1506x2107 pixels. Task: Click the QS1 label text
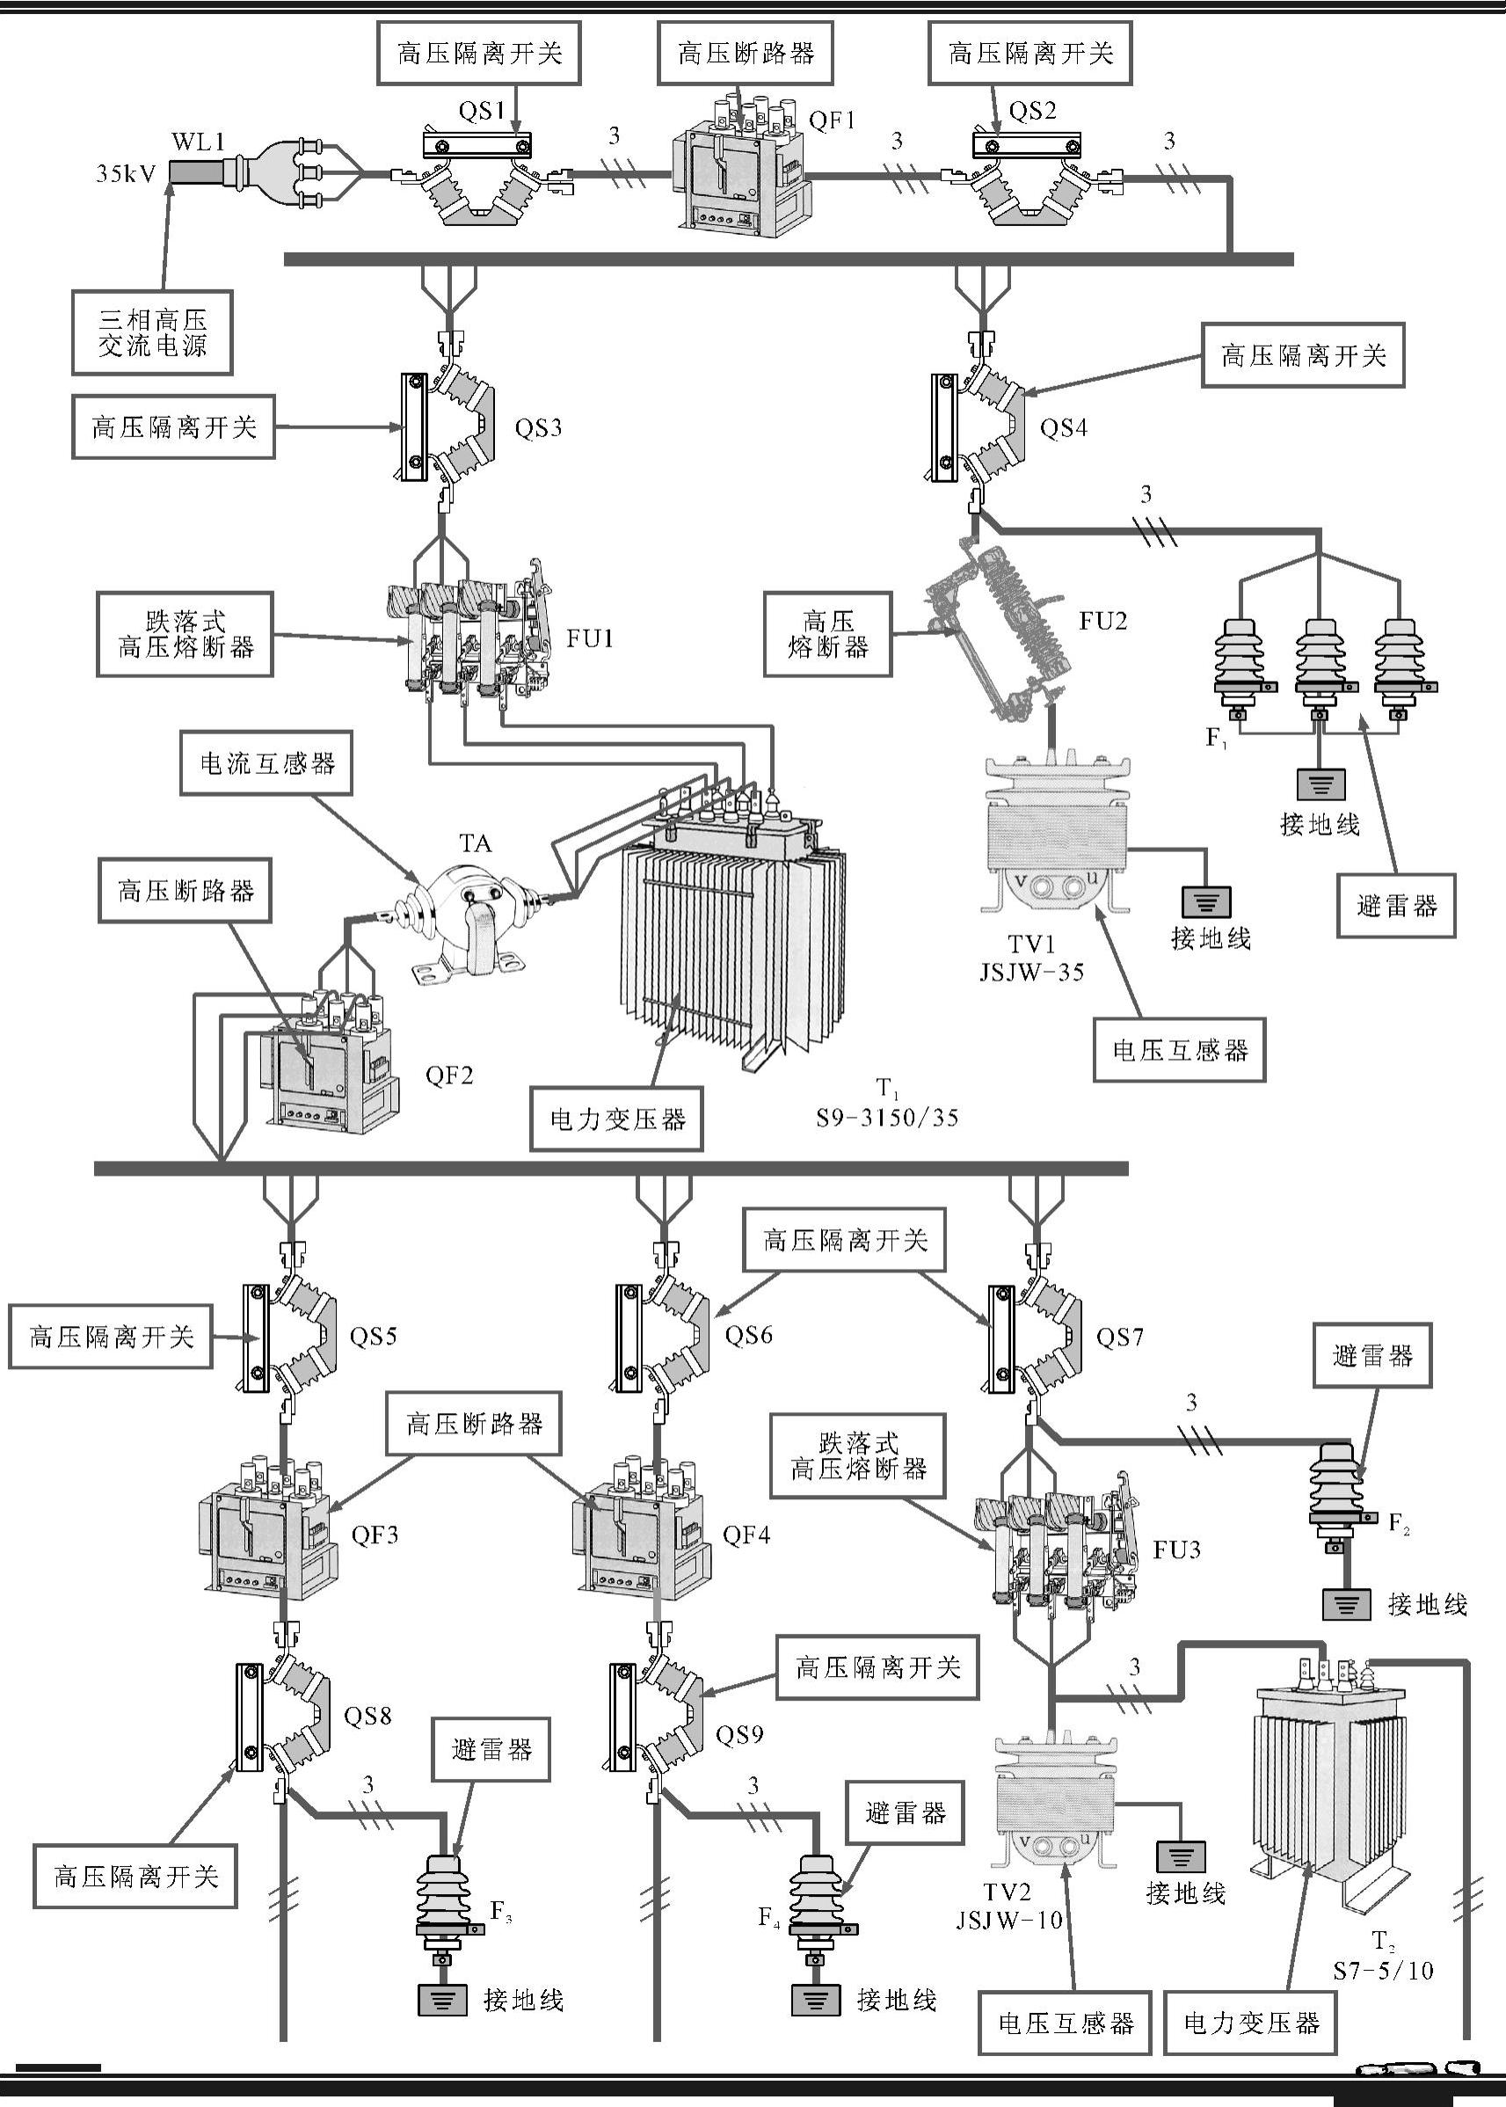pos(481,112)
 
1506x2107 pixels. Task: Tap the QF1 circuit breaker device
pos(740,171)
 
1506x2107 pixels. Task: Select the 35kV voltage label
pos(126,173)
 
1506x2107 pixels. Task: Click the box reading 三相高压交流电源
pos(152,333)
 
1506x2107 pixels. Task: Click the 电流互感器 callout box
pos(266,764)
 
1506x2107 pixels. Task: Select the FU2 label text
pos(1102,622)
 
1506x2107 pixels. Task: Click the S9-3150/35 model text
pos(886,1118)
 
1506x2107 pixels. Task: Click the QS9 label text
pos(739,1734)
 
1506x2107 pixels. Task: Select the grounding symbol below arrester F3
pos(443,2001)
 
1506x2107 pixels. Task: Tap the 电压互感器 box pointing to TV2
pos(1066,2023)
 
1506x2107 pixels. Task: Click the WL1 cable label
pos(198,142)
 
